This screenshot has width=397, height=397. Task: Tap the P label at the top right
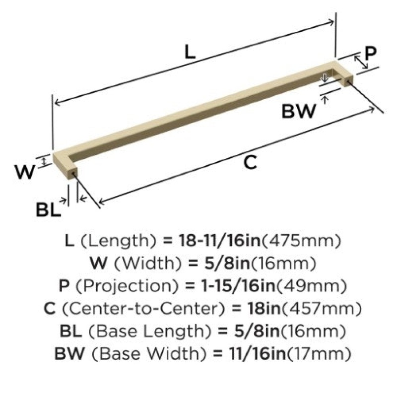pos(371,53)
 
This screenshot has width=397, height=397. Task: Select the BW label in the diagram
pos(299,111)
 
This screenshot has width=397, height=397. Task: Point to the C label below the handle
pos(250,162)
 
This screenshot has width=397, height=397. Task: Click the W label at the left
pos(25,172)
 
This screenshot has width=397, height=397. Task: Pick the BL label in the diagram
pos(49,209)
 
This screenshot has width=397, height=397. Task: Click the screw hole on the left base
pos(74,174)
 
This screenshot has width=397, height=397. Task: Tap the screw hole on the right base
pos(348,82)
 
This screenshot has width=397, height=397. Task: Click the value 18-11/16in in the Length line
pos(220,241)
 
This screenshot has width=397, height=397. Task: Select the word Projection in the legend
pos(128,286)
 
